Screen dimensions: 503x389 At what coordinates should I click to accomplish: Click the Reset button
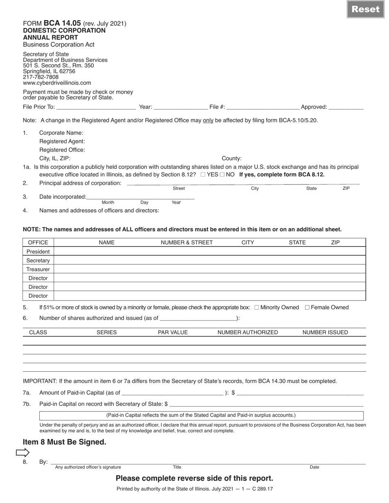pyautogui.click(x=366, y=9)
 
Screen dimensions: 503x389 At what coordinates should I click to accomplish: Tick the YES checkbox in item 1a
pyautogui.click(x=203, y=175)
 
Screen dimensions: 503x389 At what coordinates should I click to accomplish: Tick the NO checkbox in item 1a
pyautogui.click(x=222, y=175)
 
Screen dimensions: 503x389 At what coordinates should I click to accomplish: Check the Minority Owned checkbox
pyautogui.click(x=257, y=308)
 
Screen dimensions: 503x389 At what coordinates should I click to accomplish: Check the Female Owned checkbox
pyautogui.click(x=307, y=308)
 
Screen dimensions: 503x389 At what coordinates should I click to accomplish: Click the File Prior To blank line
pyautogui.click(x=95, y=107)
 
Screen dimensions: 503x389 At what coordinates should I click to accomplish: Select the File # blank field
pyautogui.click(x=262, y=107)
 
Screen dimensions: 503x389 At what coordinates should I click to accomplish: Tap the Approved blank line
pyautogui.click(x=346, y=107)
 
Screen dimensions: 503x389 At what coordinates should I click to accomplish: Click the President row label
pyautogui.click(x=38, y=252)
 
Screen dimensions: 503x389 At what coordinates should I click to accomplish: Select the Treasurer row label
pyautogui.click(x=38, y=269)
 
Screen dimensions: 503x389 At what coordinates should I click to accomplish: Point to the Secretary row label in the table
pyautogui.click(x=38, y=260)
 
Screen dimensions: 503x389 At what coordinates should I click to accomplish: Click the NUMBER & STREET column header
pyautogui.click(x=187, y=243)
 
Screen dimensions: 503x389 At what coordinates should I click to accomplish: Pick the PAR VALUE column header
pyautogui.click(x=173, y=332)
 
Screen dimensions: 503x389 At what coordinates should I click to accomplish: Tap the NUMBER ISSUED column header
pyautogui.click(x=325, y=332)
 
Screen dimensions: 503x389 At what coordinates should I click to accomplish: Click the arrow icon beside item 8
pyautogui.click(x=23, y=452)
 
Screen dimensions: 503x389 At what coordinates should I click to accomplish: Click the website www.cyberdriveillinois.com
pyautogui.click(x=57, y=83)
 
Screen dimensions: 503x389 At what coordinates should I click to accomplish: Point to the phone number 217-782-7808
pyautogui.click(x=41, y=77)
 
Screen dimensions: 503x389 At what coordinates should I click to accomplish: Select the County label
pyautogui.click(x=232, y=159)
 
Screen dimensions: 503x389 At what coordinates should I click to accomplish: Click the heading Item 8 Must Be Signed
pyautogui.click(x=64, y=442)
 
